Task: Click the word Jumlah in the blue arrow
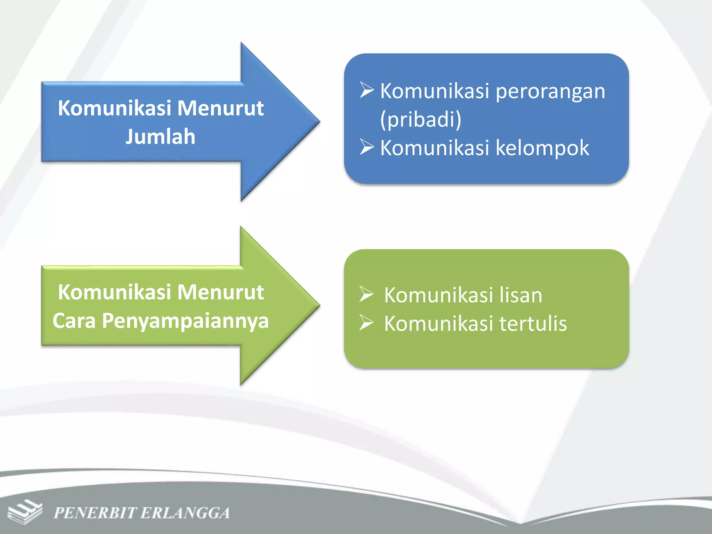[x=160, y=136]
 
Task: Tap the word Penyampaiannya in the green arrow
[x=185, y=321]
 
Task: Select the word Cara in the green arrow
[x=74, y=321]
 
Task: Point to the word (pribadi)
[x=421, y=120]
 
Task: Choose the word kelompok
[x=542, y=148]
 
